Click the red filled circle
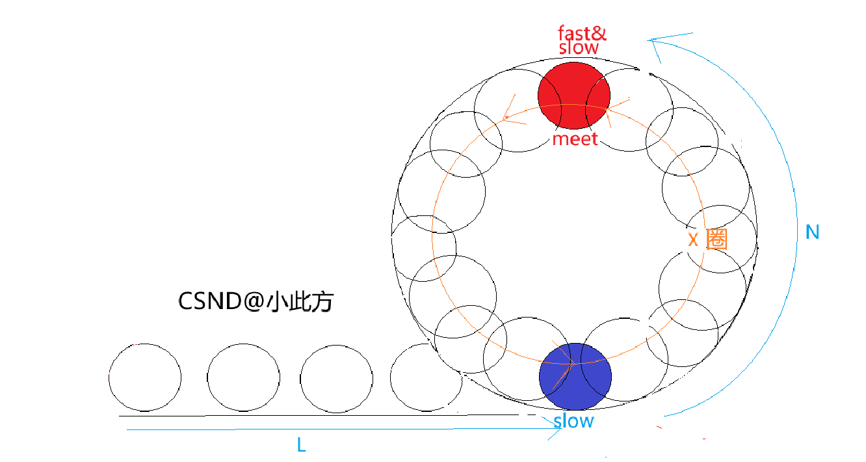point(574,94)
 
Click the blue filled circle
point(575,377)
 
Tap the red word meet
point(575,139)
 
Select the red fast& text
point(582,33)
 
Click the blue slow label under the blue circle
point(574,421)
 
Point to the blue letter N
point(812,232)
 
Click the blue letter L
point(301,446)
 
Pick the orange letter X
point(693,239)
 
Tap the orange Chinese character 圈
point(716,239)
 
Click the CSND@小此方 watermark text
point(256,302)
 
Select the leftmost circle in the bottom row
point(145,377)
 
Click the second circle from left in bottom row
point(244,377)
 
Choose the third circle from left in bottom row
point(337,377)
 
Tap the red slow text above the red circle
point(579,48)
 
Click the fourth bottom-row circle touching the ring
point(425,377)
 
